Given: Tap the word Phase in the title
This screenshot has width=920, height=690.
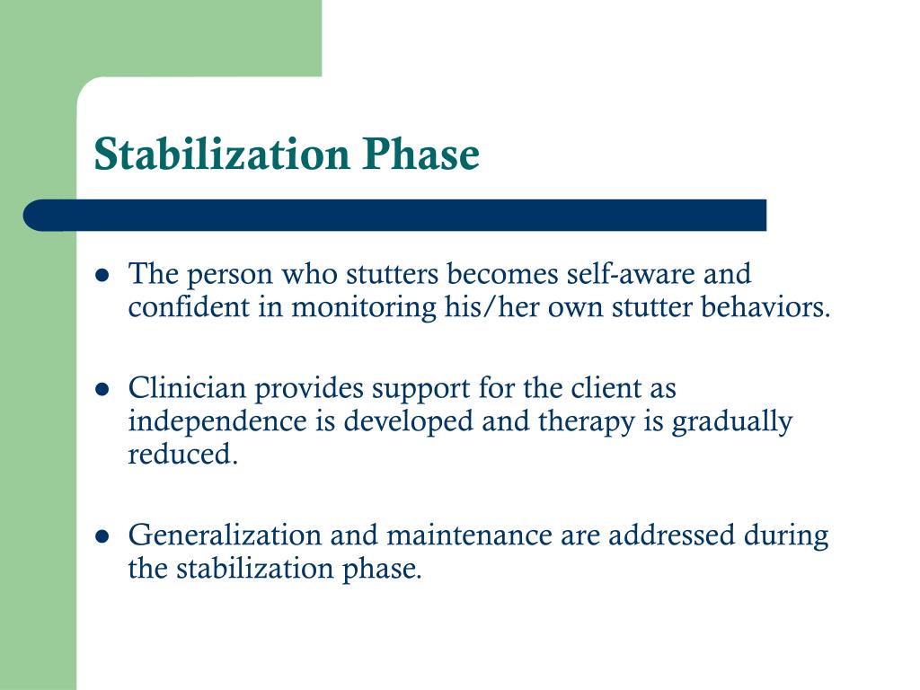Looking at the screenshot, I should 421,155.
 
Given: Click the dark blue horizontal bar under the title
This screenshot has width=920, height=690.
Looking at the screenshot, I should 395,216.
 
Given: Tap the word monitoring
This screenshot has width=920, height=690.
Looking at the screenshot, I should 365,307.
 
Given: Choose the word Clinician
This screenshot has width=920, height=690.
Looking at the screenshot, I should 186,389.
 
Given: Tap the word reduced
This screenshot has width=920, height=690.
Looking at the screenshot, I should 183,455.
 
